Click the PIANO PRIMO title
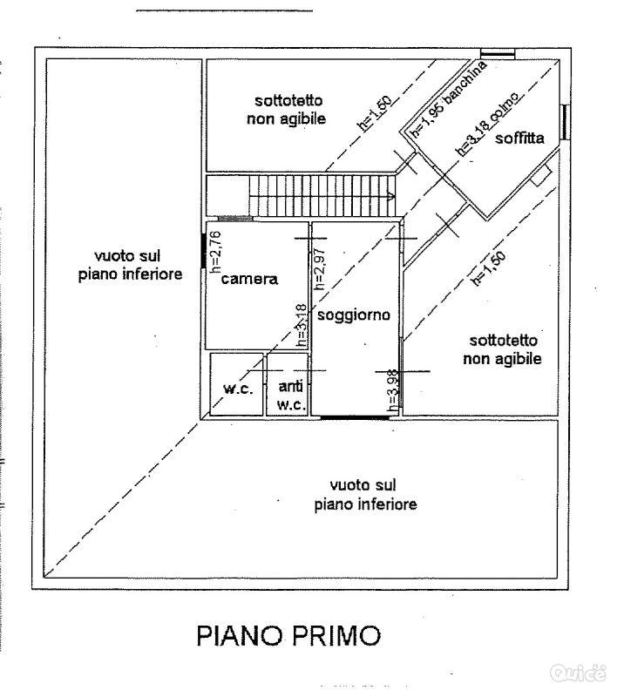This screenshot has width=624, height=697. [x=288, y=635]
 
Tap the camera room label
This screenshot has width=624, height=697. [x=248, y=280]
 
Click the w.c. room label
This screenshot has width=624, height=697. [x=238, y=389]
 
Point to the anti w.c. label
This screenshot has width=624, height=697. [x=291, y=395]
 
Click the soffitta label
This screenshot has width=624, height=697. [x=519, y=138]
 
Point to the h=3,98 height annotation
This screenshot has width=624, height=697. [x=392, y=390]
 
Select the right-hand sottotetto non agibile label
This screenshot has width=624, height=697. [x=503, y=349]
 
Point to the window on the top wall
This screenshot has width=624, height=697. [x=499, y=55]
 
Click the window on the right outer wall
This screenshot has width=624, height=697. [x=566, y=122]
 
